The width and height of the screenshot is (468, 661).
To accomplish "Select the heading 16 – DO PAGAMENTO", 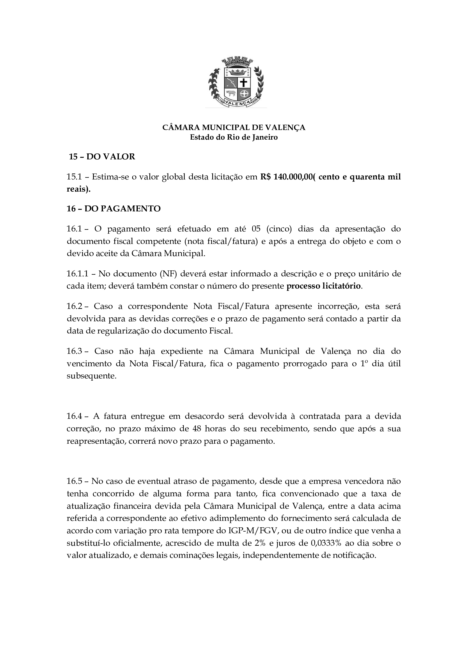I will point(113,209).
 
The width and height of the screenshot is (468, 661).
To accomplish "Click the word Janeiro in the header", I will point(265,137).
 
